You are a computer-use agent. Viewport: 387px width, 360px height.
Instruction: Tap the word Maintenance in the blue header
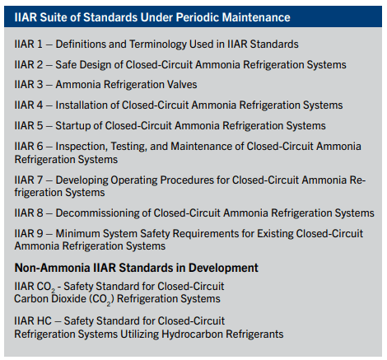[x=282, y=16]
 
